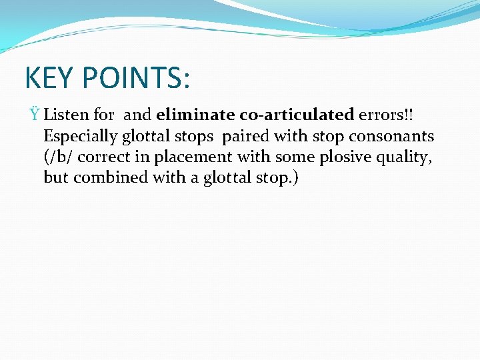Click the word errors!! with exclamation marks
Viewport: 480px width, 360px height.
coord(385,115)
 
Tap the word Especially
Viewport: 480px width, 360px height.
coord(80,136)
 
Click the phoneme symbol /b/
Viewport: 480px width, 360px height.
coord(57,157)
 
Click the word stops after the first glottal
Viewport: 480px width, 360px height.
coord(195,136)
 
